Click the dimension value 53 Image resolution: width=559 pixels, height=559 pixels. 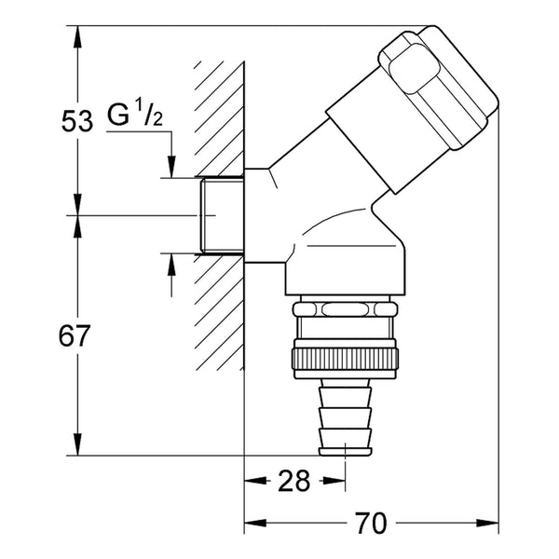(77, 120)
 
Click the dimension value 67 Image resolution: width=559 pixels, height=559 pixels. (75, 335)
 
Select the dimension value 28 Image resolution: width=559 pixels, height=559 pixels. (294, 481)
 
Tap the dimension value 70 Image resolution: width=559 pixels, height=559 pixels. (371, 523)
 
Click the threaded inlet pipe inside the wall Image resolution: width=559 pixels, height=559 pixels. (222, 215)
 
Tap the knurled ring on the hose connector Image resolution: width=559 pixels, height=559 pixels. (345, 359)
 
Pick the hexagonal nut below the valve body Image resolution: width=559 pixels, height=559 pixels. (345, 308)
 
